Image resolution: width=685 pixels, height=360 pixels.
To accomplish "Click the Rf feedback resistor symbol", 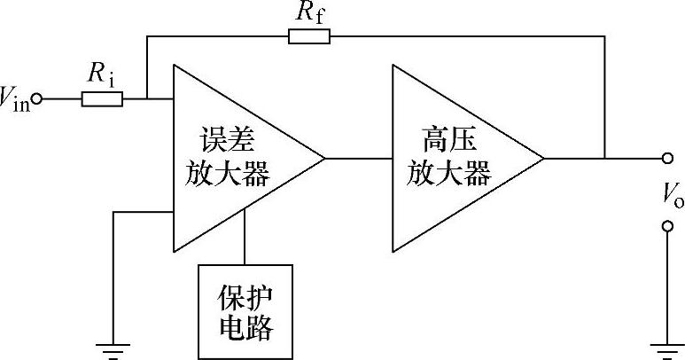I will point(309,36).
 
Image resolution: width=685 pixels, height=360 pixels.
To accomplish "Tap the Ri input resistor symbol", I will point(102,99).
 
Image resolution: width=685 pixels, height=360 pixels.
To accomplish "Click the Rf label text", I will point(309,12).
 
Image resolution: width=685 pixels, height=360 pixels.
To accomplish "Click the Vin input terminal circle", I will point(36,99).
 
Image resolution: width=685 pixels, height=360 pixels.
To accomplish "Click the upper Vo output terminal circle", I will point(667,160).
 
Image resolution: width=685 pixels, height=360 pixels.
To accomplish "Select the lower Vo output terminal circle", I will point(667,228).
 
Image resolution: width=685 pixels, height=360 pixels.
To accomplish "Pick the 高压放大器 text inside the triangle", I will point(448,157).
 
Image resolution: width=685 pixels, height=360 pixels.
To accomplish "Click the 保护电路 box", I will point(245,311).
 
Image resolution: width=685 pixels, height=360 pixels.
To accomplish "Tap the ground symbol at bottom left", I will point(113,351).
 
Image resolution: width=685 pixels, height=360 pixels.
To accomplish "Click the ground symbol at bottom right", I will point(667,351).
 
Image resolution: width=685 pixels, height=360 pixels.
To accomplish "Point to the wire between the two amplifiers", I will point(358,160).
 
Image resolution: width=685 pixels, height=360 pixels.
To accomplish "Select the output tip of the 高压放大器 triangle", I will point(542,160).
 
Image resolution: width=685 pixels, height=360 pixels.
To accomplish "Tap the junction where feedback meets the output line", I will point(604,160).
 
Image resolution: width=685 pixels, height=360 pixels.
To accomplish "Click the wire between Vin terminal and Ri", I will point(60,99).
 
